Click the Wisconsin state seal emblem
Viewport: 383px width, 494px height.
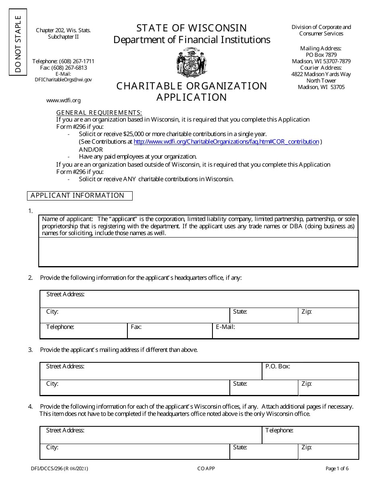click(191, 63)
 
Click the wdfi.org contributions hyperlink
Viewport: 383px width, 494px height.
click(226, 142)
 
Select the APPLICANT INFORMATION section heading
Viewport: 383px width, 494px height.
click(79, 196)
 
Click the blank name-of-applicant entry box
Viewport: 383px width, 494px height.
click(198, 252)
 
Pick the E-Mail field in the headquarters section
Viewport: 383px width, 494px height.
click(285, 331)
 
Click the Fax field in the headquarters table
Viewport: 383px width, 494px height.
click(169, 331)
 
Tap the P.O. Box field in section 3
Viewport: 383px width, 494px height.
click(310, 371)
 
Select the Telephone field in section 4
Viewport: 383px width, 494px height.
click(310, 435)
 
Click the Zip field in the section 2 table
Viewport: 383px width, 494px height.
click(328, 315)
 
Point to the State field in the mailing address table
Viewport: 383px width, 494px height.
click(264, 387)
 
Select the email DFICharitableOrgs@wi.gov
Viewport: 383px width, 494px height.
click(63, 80)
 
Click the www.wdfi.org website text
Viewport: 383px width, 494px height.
click(63, 100)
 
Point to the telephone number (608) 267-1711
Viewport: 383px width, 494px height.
click(63, 61)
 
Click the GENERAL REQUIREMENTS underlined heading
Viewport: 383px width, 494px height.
click(99, 112)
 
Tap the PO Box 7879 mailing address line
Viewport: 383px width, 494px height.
click(321, 55)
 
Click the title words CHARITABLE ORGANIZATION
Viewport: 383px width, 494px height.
click(191, 86)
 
